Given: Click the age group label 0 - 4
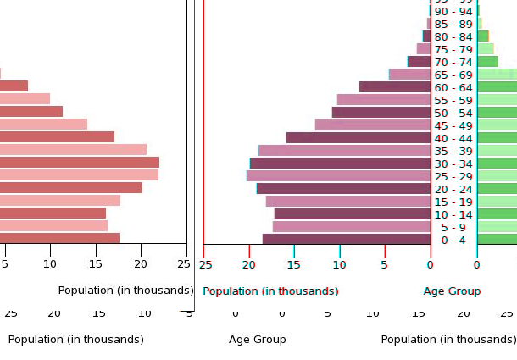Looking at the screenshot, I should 453,240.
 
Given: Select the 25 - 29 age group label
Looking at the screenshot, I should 453,176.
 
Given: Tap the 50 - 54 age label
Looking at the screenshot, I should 453,113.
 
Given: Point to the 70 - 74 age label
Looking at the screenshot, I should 453,62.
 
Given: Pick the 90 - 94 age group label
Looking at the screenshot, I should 453,11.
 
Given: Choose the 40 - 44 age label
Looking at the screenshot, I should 453,138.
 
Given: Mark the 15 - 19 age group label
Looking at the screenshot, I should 453,202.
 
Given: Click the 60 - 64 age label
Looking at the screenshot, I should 453,87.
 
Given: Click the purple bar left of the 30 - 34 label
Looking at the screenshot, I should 340,163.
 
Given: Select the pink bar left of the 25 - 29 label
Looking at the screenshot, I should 338,175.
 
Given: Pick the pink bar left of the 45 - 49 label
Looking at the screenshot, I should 373,125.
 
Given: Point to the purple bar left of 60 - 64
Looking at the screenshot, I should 395,86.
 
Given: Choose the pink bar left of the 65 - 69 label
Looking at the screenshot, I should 410,74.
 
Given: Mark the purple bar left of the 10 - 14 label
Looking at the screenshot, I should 352,213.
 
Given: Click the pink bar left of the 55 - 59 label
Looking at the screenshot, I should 384,99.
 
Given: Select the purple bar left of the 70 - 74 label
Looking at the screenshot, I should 419,61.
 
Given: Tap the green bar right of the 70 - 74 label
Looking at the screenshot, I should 487,61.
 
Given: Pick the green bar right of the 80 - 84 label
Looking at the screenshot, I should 482,36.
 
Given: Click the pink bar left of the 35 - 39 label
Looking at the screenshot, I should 344,150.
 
